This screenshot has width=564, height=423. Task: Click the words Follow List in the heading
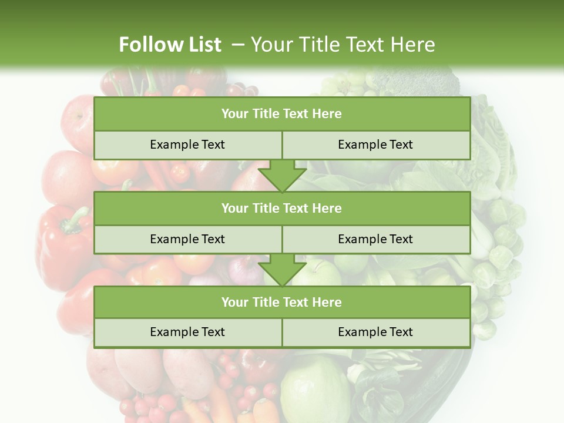[x=170, y=45]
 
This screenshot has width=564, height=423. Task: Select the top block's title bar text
[x=281, y=114]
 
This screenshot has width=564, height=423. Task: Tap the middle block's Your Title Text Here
[x=281, y=208]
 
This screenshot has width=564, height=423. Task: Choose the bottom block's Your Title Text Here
[x=281, y=302]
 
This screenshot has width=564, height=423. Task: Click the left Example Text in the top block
[x=187, y=145]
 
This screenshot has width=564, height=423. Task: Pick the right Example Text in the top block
[x=375, y=145]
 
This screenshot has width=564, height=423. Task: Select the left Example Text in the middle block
[x=187, y=239]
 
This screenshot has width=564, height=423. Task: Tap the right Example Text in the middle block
[x=375, y=239]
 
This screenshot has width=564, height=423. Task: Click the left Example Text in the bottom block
[x=187, y=332]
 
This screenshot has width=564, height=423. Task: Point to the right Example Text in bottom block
[x=375, y=332]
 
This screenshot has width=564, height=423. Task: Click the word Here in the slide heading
[x=414, y=45]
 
